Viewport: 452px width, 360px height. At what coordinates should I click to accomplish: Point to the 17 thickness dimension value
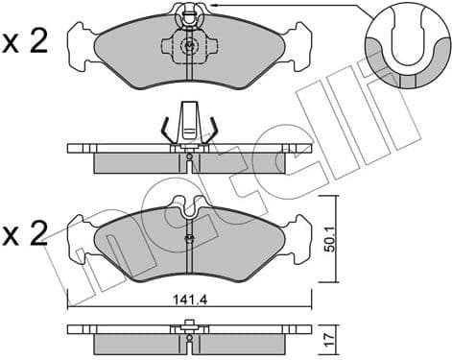[x=329, y=339]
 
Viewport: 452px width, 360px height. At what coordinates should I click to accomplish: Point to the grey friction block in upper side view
[x=190, y=161]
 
